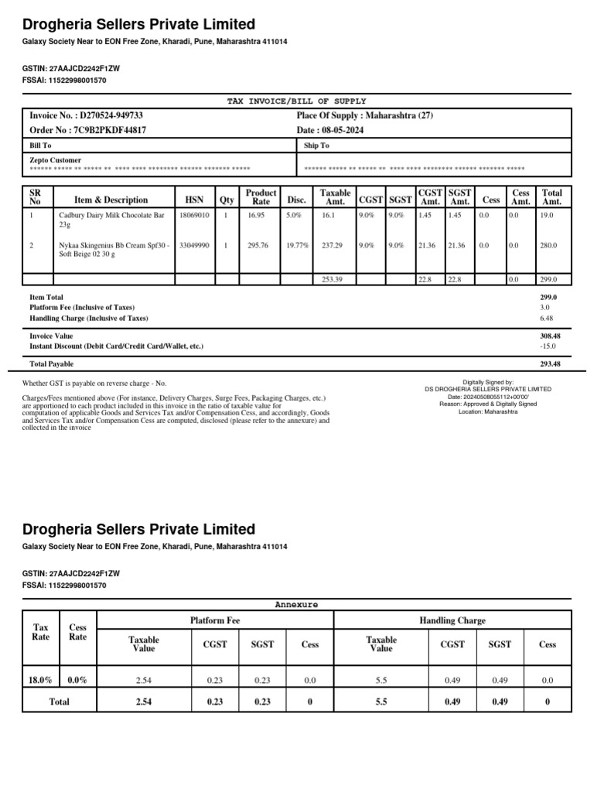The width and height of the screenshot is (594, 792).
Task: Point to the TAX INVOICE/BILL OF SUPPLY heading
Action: click(x=296, y=101)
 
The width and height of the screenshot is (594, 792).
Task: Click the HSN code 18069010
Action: click(x=194, y=215)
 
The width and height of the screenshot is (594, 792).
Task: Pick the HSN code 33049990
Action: click(x=194, y=245)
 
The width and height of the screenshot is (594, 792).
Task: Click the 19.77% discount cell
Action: click(x=297, y=245)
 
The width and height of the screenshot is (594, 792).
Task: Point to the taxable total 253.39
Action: click(x=333, y=279)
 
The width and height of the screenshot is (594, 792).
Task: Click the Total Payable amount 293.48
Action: click(x=550, y=364)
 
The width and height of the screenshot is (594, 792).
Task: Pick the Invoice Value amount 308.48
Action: click(x=550, y=336)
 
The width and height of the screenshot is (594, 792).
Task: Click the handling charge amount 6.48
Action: click(x=546, y=318)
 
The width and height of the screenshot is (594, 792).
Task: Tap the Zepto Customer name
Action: click(x=56, y=160)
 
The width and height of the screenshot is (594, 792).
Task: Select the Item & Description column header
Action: click(x=111, y=200)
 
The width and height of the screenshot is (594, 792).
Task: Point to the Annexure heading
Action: click(x=296, y=603)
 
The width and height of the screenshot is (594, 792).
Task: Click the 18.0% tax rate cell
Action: click(x=40, y=679)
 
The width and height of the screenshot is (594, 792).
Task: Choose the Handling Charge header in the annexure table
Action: click(x=452, y=620)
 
